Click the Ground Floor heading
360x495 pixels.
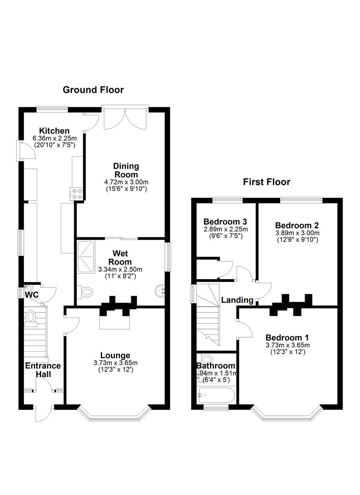coord(93,90)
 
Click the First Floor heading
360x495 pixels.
coord(266,182)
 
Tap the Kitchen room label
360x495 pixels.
coord(55,131)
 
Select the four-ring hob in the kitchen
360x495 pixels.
coord(76,194)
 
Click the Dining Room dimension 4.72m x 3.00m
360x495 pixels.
coord(126,182)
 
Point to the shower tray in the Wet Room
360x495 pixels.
coord(86,258)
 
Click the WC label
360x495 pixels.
coord(32,295)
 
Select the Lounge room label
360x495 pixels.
coord(115,355)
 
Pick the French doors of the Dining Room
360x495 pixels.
coord(125,118)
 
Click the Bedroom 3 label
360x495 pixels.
coord(225,222)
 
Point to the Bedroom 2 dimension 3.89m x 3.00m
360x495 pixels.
coord(297,233)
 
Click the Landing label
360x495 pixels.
coord(237,300)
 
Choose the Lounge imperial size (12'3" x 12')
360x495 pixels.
coord(116,369)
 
